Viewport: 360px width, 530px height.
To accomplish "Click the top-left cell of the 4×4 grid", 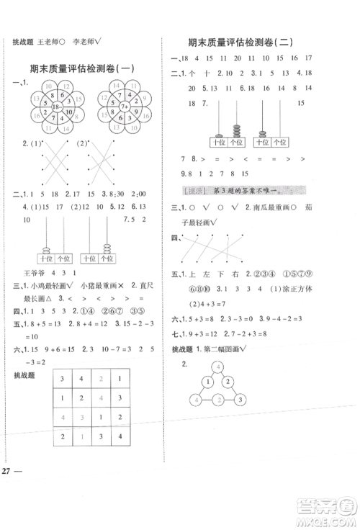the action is point(66,378).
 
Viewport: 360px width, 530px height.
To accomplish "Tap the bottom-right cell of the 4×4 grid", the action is point(120,438).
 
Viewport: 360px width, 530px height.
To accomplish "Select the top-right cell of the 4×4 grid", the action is point(120,378).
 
